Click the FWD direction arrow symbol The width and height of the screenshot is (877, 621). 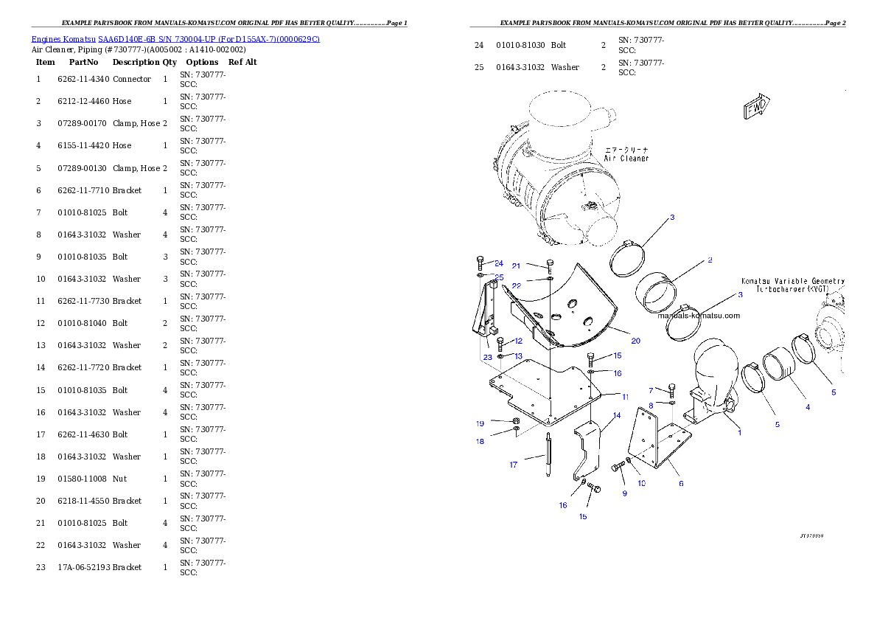click(756, 105)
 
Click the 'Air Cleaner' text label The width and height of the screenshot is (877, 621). click(626, 159)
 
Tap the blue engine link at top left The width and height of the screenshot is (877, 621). click(175, 39)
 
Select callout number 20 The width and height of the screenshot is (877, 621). click(635, 341)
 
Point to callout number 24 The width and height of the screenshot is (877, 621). click(499, 263)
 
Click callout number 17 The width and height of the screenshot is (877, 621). click(514, 465)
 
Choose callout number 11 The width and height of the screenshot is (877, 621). click(625, 397)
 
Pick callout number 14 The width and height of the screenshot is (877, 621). click(617, 416)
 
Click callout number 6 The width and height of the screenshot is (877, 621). click(681, 484)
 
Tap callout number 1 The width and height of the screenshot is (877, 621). click(740, 432)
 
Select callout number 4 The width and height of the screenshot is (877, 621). click(807, 407)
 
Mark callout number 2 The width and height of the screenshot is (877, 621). click(709, 260)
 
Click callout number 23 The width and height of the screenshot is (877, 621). click(488, 357)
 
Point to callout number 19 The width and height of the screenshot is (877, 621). click(480, 423)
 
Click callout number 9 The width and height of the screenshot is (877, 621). click(624, 493)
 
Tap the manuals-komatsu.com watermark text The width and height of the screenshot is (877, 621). click(699, 316)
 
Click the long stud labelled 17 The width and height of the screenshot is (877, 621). click(549, 457)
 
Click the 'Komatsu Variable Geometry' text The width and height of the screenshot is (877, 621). click(792, 281)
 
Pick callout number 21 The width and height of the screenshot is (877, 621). click(516, 266)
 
